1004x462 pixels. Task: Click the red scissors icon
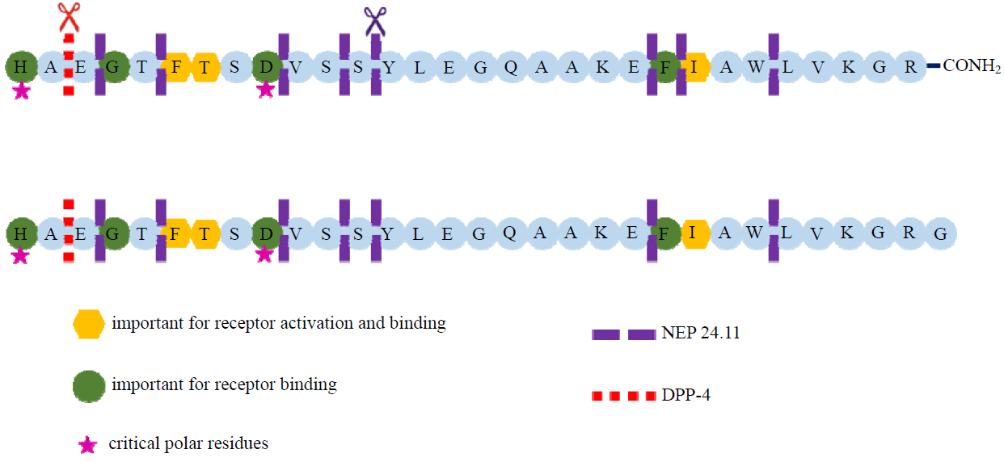[x=70, y=16]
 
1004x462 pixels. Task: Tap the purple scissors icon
[x=375, y=20]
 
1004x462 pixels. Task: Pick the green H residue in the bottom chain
[x=21, y=233]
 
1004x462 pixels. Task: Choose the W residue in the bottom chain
[x=755, y=233]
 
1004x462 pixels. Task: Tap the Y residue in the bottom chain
[x=389, y=233]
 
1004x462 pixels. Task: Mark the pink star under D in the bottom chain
[x=264, y=255]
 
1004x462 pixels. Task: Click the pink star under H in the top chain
[x=22, y=90]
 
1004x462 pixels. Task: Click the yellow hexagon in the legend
[x=88, y=324]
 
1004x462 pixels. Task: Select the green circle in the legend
[x=88, y=385]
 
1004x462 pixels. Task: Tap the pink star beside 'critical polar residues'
[x=88, y=443]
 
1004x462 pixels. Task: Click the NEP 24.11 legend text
[x=700, y=333]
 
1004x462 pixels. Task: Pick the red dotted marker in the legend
[x=623, y=396]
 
